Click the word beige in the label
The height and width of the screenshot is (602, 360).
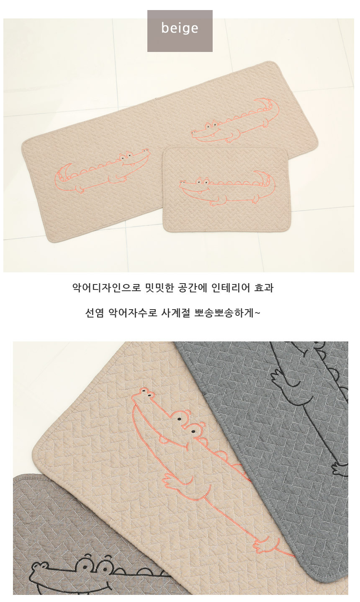click(180, 28)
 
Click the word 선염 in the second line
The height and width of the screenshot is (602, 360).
click(94, 313)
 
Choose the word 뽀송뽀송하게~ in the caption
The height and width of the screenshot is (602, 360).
click(226, 313)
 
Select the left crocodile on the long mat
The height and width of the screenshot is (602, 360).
click(102, 171)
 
